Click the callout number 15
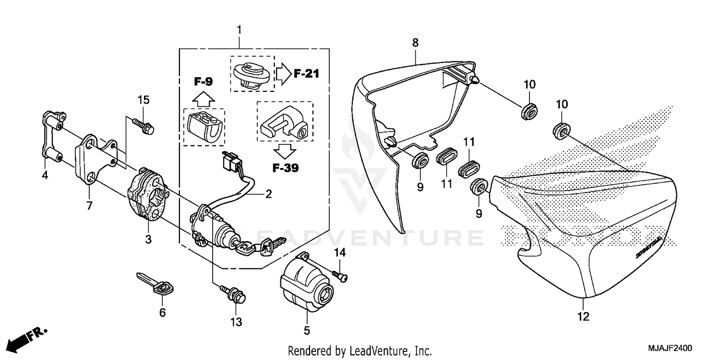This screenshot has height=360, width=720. tap(144, 100)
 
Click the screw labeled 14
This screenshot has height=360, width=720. tap(340, 275)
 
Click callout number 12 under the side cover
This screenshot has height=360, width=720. tap(583, 316)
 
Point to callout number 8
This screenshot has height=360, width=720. tap(415, 43)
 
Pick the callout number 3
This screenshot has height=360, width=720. tap(148, 239)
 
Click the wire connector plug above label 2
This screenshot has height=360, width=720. tap(230, 162)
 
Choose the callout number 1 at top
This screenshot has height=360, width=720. tap(239, 30)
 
